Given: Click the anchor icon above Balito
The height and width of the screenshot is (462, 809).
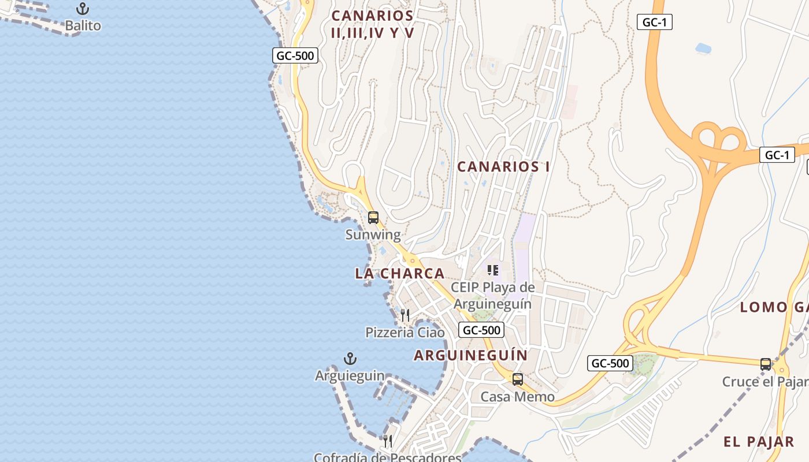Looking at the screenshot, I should pyautogui.click(x=83, y=9).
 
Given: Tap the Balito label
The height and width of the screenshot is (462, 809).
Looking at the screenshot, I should pyautogui.click(x=83, y=25).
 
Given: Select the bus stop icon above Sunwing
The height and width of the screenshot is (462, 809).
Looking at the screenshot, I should pyautogui.click(x=373, y=218).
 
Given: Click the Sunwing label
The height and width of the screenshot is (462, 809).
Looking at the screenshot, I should pyautogui.click(x=373, y=234).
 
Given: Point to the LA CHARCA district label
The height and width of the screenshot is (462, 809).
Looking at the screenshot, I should pyautogui.click(x=400, y=273).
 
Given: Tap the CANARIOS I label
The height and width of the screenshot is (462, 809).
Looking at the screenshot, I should pyautogui.click(x=503, y=167).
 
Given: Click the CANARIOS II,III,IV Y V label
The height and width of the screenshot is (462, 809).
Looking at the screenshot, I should pyautogui.click(x=373, y=24).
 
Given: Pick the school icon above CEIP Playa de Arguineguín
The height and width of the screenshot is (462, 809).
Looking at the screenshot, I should pyautogui.click(x=493, y=270).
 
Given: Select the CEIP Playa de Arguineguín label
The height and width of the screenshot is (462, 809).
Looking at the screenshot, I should pyautogui.click(x=493, y=295).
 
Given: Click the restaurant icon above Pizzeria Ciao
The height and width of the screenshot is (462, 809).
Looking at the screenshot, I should pyautogui.click(x=405, y=315).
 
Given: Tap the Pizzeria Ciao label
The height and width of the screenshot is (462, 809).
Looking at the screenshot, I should pyautogui.click(x=405, y=333).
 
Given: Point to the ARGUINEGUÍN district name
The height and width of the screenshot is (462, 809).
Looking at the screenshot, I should pyautogui.click(x=471, y=355).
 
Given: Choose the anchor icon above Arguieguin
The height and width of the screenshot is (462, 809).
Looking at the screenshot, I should pyautogui.click(x=350, y=359).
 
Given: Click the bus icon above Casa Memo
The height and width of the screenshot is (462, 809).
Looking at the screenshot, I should pyautogui.click(x=518, y=379).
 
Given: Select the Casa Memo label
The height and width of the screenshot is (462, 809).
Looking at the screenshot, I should pyautogui.click(x=518, y=397).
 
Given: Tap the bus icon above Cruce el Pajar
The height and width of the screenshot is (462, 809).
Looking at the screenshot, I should pyautogui.click(x=766, y=364).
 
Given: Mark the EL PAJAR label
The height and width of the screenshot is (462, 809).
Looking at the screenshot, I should pyautogui.click(x=759, y=442).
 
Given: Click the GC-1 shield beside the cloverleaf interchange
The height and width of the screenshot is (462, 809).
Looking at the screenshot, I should pyautogui.click(x=777, y=155).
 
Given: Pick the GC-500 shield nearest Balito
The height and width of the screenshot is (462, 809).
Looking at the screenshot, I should pyautogui.click(x=295, y=55).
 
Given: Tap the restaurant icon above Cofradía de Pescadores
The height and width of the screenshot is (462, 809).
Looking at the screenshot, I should pyautogui.click(x=388, y=441).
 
